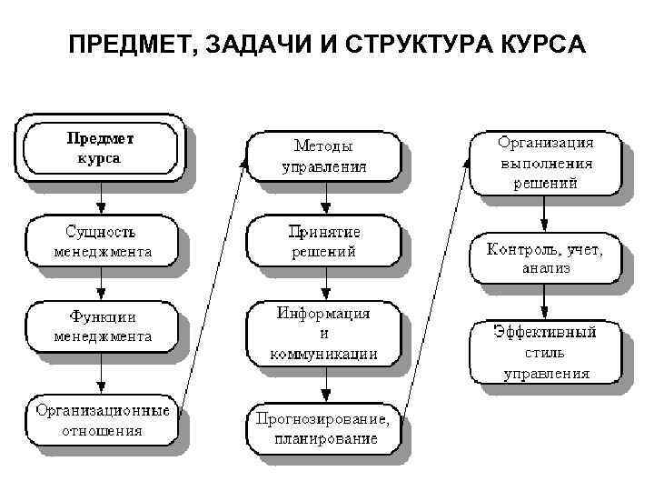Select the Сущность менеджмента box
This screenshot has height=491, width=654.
click(x=102, y=240)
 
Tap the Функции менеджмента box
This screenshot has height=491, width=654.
click(x=102, y=327)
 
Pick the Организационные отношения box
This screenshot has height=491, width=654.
click(x=102, y=420)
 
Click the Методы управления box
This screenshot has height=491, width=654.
click(x=323, y=155)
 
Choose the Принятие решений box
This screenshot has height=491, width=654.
click(x=323, y=241)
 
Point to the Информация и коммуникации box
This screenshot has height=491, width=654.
click(x=323, y=334)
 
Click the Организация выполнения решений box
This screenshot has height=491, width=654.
click(x=545, y=163)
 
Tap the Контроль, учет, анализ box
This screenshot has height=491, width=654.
click(x=545, y=256)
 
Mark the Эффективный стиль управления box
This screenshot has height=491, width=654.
click(x=545, y=353)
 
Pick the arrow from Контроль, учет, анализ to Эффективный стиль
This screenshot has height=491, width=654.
click(x=545, y=300)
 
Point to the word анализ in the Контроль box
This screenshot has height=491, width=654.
click(x=545, y=268)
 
